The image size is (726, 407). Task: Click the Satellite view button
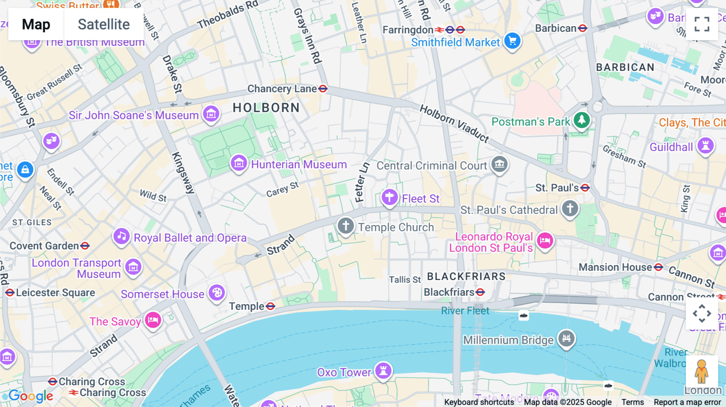(104, 24)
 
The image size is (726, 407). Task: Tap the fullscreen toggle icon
(702, 24)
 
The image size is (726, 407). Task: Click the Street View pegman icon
(702, 371)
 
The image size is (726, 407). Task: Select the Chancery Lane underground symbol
(323, 89)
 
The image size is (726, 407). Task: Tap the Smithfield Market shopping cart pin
(512, 41)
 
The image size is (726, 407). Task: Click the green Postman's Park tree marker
(582, 120)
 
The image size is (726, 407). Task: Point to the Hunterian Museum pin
(239, 163)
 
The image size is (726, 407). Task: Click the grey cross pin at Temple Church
(346, 225)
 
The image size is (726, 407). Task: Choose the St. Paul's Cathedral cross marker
(570, 208)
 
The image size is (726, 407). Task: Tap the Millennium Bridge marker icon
(566, 338)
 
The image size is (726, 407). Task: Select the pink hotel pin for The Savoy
(153, 320)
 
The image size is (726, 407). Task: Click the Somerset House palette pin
(217, 292)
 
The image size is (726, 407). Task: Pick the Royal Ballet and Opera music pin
(121, 236)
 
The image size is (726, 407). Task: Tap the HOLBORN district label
(266, 108)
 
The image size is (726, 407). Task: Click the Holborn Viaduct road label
(454, 123)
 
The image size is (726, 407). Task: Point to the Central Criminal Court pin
(499, 164)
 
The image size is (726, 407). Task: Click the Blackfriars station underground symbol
(480, 292)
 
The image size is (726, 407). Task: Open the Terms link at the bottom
(632, 402)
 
